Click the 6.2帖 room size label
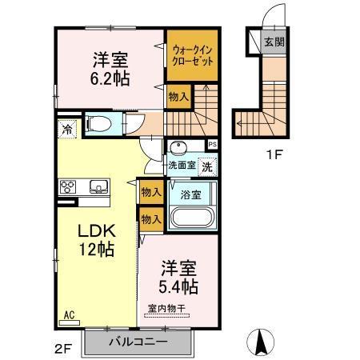(x=110, y=79)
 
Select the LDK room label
(x=96, y=230)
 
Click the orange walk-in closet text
(x=191, y=55)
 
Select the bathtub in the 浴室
(x=194, y=218)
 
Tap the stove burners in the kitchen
(x=68, y=188)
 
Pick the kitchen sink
(x=98, y=188)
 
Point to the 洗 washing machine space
(x=206, y=167)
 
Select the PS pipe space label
(x=212, y=144)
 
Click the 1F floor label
(x=274, y=155)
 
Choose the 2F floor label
(x=63, y=347)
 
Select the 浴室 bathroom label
(x=189, y=194)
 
